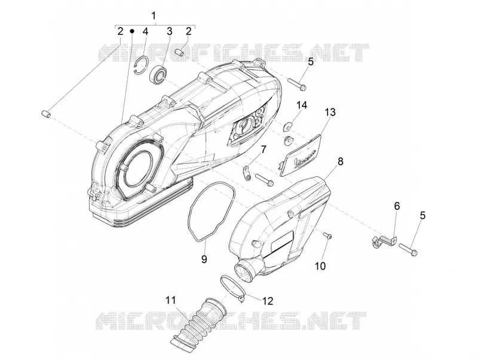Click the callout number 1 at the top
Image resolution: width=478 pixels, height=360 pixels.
click(x=154, y=16)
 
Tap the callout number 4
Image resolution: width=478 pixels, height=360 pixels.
click(x=145, y=31)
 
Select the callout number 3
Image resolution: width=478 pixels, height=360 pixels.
click(x=169, y=31)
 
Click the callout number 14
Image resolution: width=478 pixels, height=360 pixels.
click(x=302, y=105)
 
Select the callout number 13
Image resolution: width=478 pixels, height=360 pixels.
click(x=330, y=112)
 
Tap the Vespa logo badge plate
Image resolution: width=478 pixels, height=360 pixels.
click(x=301, y=155)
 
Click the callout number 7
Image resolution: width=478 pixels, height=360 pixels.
click(x=263, y=150)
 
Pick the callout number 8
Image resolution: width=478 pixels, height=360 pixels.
click(x=340, y=161)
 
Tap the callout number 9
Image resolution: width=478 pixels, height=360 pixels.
click(x=204, y=259)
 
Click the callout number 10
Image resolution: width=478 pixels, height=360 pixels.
click(x=320, y=266)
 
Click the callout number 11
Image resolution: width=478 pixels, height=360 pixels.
click(x=171, y=300)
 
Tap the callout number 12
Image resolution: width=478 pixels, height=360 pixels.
click(x=267, y=301)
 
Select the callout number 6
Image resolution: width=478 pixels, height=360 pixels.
click(x=397, y=206)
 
